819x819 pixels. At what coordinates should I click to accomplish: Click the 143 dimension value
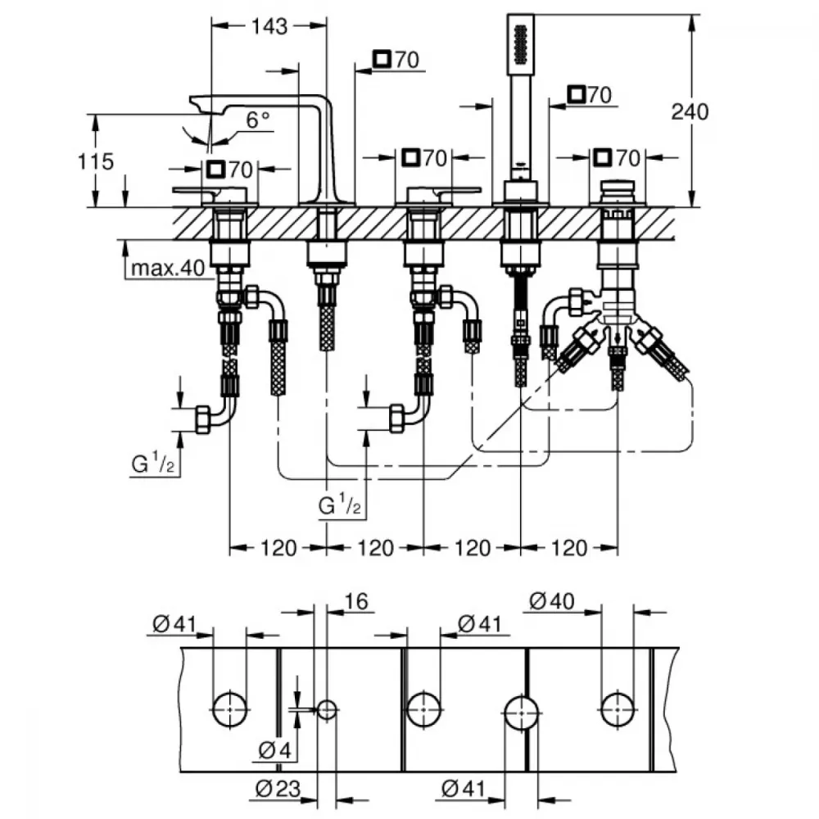pos(269,25)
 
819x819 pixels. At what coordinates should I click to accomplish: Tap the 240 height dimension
pos(690,111)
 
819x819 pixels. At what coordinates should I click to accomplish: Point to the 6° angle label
pos(258,120)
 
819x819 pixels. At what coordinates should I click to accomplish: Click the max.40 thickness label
pos(168,268)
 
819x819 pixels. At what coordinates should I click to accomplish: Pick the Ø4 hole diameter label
pos(275,750)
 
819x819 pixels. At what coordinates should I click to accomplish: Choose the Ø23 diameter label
pos(278,788)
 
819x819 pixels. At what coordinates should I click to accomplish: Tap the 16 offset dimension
pos(356,601)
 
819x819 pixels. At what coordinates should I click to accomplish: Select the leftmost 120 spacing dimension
pos(278,548)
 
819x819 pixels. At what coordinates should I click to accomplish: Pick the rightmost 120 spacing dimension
pos(569,548)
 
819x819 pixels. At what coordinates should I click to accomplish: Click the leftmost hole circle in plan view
pos(230,709)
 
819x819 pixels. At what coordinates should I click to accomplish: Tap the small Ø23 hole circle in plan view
pos(327,709)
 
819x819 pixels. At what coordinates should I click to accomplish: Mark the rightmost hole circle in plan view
pos(618,709)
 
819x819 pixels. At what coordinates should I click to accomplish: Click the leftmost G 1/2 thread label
pos(152,464)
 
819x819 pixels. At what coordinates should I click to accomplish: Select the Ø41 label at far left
pos(174,623)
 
